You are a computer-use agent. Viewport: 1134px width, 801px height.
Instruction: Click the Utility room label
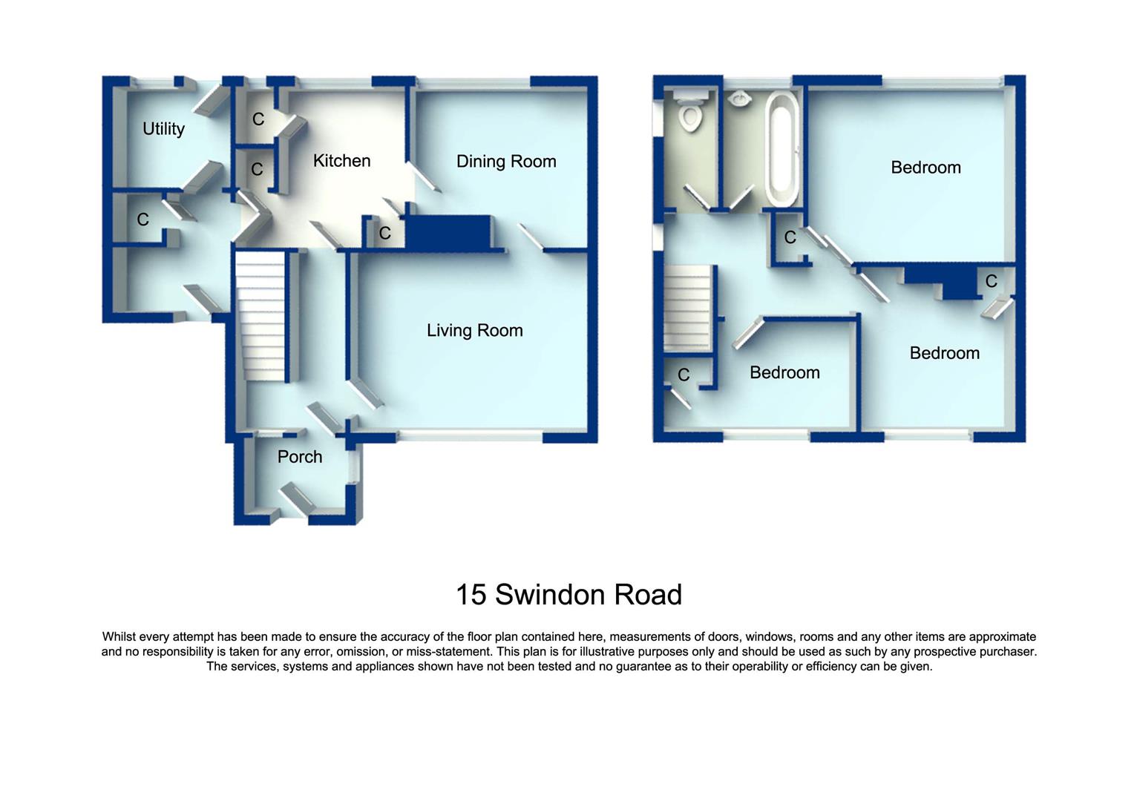click(163, 129)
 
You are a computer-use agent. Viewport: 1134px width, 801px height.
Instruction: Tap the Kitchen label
click(341, 161)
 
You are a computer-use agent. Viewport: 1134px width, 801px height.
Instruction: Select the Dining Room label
click(506, 162)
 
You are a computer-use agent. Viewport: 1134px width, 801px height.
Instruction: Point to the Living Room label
click(475, 331)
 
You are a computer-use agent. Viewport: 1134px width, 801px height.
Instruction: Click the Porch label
click(300, 457)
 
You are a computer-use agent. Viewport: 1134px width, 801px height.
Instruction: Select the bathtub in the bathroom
click(782, 148)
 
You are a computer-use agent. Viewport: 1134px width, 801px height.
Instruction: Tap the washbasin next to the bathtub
click(739, 99)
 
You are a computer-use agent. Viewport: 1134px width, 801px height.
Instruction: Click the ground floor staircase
click(260, 315)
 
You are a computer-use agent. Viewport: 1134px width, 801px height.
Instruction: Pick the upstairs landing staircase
click(688, 308)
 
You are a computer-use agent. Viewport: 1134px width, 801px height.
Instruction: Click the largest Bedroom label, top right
click(925, 168)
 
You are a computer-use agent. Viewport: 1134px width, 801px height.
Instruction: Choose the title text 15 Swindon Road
click(568, 595)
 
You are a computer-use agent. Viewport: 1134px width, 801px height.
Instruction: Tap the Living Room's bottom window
click(470, 438)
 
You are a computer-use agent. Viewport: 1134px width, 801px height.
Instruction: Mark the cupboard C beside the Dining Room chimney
click(384, 234)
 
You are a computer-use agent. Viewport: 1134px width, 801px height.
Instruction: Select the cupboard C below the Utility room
click(142, 220)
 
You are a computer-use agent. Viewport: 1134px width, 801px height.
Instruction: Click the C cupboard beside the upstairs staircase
click(684, 375)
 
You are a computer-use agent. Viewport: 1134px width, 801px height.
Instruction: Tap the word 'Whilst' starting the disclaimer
click(120, 637)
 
